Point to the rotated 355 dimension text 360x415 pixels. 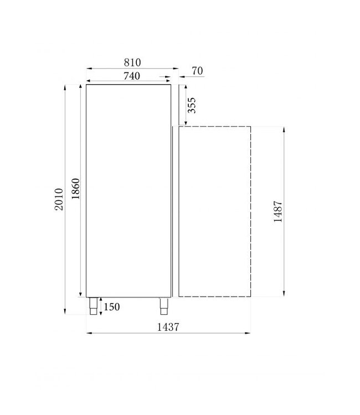[192, 105]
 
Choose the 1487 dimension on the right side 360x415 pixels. [279, 211]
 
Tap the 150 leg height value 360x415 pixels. [111, 307]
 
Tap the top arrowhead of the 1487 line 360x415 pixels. [284, 128]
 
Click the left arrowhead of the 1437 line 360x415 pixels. [89, 333]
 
